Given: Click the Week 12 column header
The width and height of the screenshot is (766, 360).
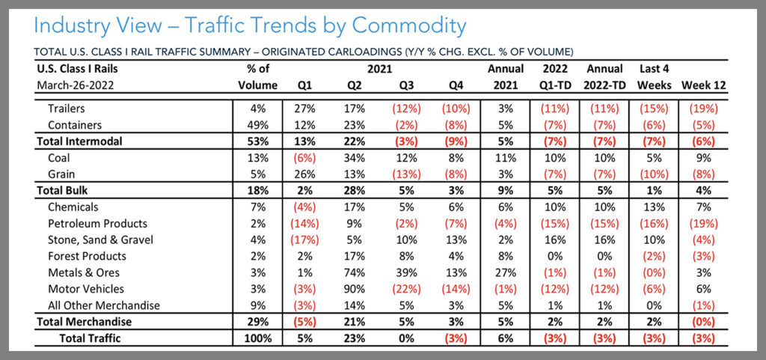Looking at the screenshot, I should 700,85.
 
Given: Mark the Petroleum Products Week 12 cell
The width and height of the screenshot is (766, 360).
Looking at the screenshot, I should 700,223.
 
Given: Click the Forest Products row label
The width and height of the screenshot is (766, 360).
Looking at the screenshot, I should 85,256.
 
